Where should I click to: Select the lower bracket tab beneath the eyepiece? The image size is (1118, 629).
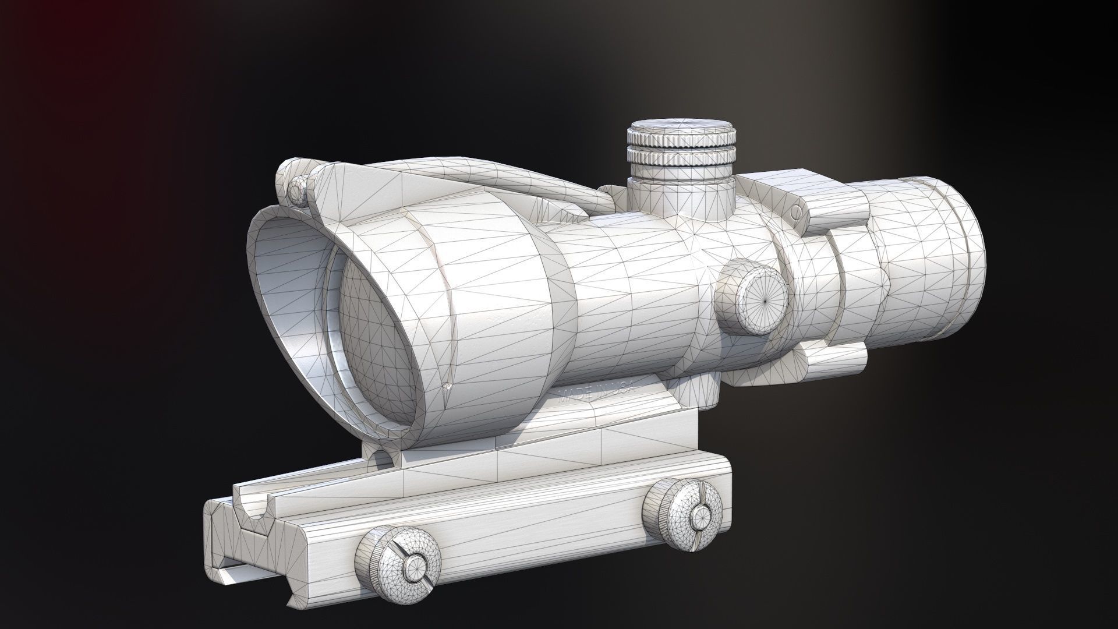pyautogui.click(x=833, y=363)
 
